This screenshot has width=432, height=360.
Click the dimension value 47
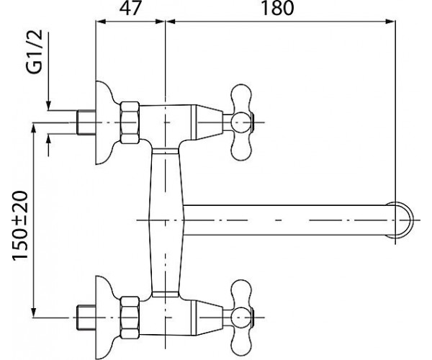click(x=130, y=8)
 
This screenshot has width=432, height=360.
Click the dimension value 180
click(x=277, y=8)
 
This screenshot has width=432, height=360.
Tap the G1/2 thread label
click(x=36, y=52)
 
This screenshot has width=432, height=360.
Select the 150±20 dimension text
click(x=20, y=225)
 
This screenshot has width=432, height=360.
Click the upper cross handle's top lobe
click(x=242, y=98)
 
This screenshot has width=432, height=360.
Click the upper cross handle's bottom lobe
click(x=242, y=147)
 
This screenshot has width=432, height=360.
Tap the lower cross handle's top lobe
click(x=242, y=294)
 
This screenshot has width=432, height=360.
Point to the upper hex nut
click(x=130, y=122)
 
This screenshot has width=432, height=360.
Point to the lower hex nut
click(x=130, y=318)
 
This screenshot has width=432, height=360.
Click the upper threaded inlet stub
click(x=86, y=122)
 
